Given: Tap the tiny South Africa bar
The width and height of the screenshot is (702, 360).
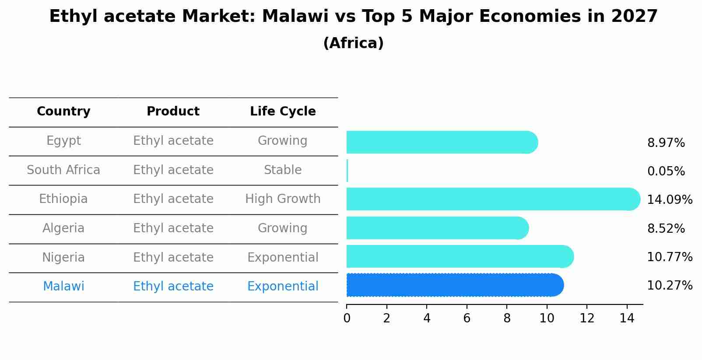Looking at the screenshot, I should [347, 171].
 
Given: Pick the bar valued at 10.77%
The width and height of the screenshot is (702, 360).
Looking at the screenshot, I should [460, 256].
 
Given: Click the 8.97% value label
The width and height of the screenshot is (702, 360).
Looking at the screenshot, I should [666, 143].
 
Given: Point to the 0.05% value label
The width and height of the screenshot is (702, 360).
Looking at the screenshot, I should [666, 171].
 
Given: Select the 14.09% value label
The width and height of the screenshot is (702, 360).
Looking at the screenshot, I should [669, 200].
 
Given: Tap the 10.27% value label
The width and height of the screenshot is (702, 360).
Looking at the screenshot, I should [669, 286].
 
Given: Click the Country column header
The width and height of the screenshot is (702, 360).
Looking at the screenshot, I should [63, 112].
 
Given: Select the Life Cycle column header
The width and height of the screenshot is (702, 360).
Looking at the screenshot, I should [283, 112].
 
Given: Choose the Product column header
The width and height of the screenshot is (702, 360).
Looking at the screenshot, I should [173, 112].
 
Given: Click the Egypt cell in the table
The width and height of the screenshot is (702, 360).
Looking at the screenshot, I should [63, 141].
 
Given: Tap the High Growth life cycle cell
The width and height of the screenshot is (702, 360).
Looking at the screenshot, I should [283, 199].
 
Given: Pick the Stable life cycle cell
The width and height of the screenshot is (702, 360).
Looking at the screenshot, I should [283, 170].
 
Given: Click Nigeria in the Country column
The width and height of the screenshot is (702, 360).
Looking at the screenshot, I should [63, 258].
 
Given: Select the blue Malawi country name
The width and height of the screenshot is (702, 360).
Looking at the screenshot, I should [63, 287].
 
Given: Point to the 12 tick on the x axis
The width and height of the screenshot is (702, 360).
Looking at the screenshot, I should [587, 318].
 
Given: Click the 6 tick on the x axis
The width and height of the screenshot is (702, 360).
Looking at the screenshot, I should [467, 318].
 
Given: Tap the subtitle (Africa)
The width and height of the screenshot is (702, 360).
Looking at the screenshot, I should [353, 43].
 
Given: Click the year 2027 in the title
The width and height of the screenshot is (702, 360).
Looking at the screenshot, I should [634, 17].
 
